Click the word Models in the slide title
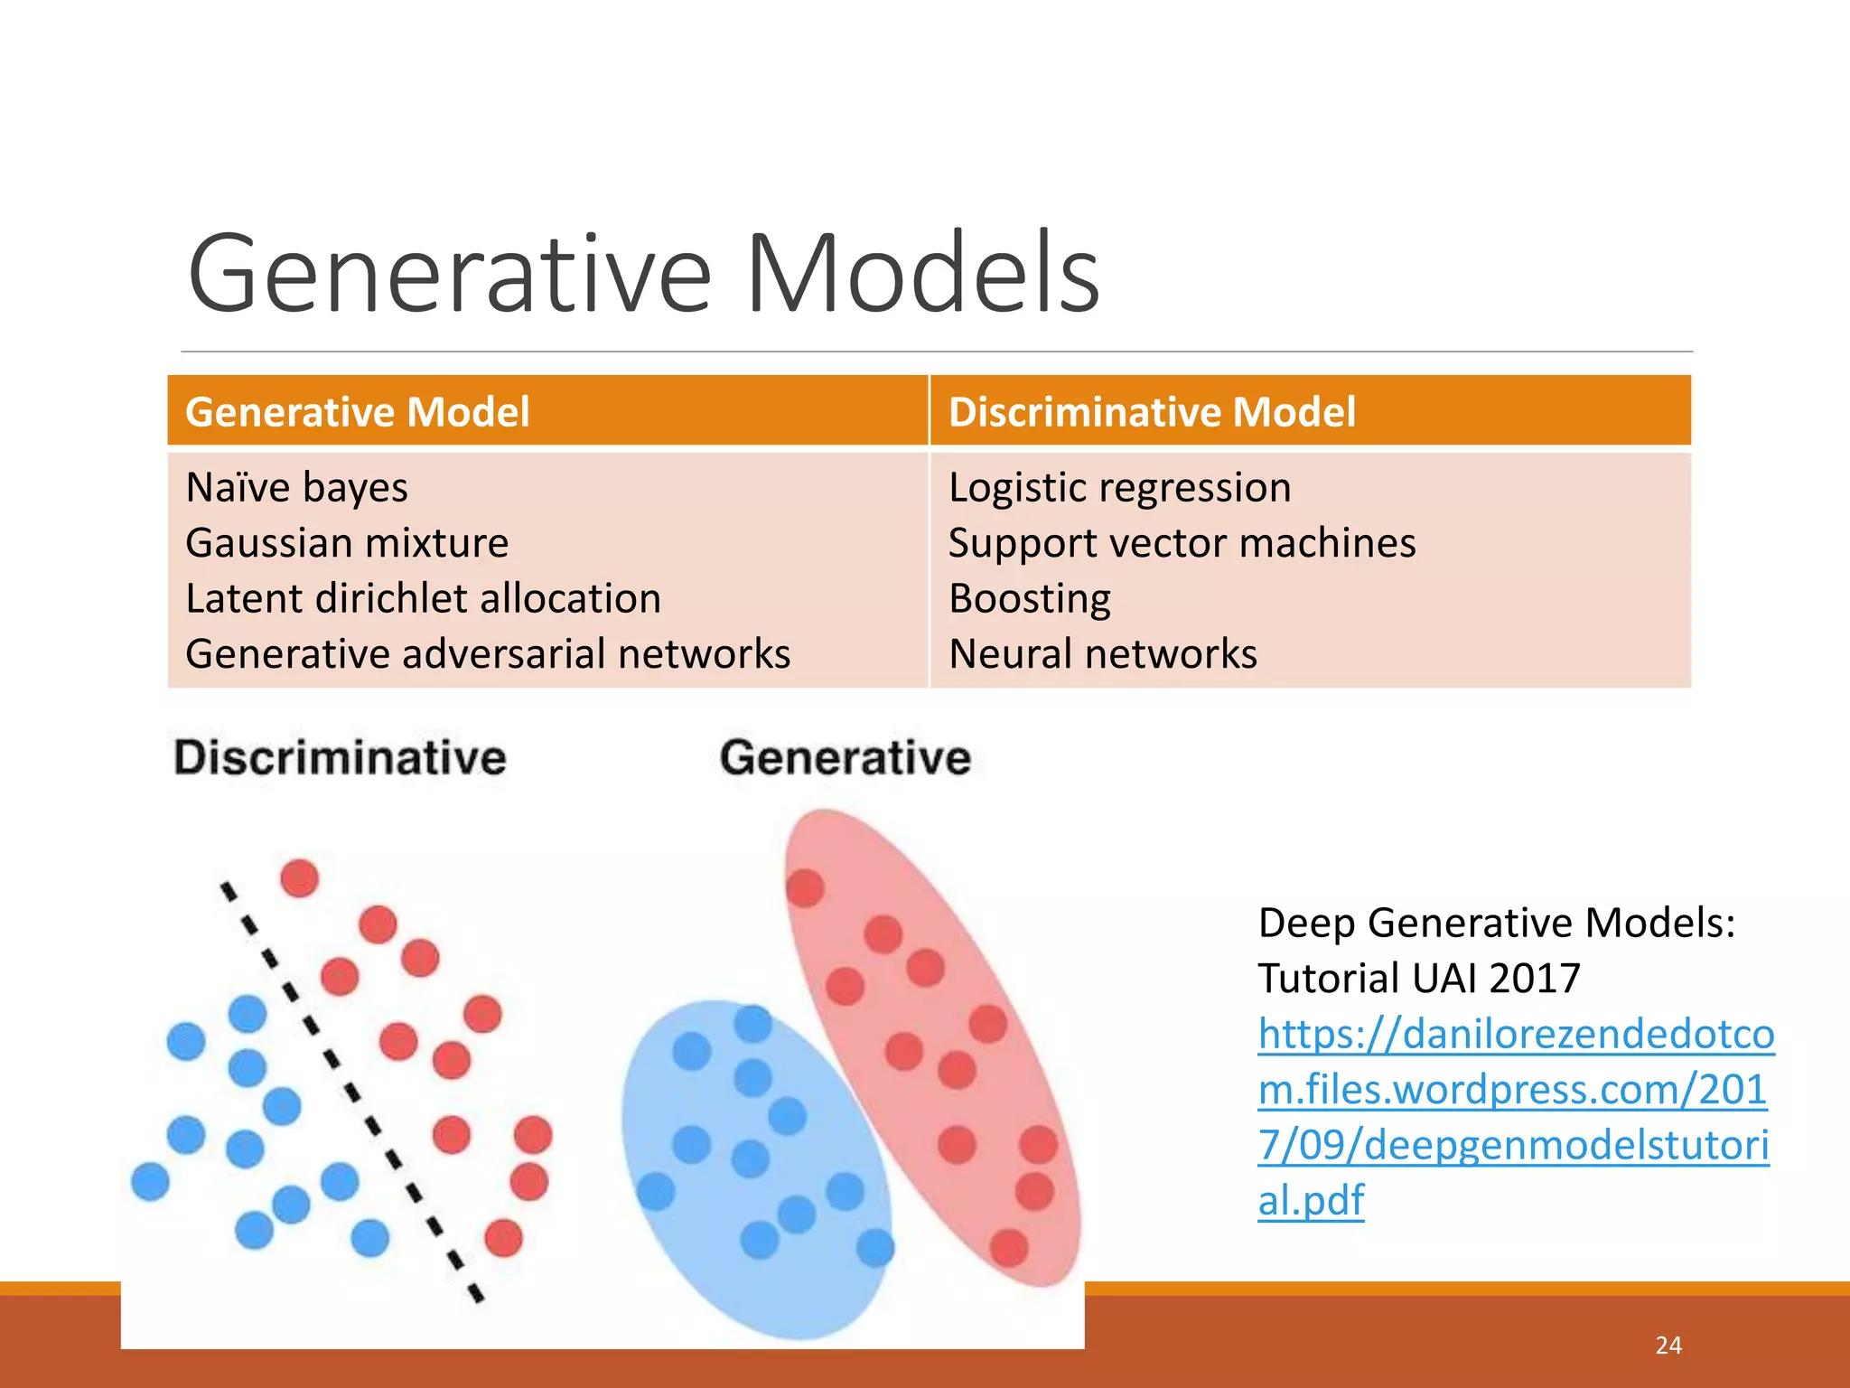[921, 274]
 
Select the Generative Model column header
[357, 412]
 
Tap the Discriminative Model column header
[1152, 412]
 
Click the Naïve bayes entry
[296, 488]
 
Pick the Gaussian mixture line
[347, 543]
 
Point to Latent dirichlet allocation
[423, 598]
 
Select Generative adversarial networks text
[488, 654]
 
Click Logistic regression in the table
[1119, 488]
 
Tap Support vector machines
[1182, 543]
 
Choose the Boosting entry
[1030, 599]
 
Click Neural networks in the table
[1102, 654]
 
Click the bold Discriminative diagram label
[340, 757]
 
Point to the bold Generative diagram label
[845, 757]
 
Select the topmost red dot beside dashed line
[300, 877]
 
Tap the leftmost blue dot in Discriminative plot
[150, 1181]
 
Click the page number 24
[1668, 1346]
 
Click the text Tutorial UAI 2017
[1418, 979]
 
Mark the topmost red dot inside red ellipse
[805, 887]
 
